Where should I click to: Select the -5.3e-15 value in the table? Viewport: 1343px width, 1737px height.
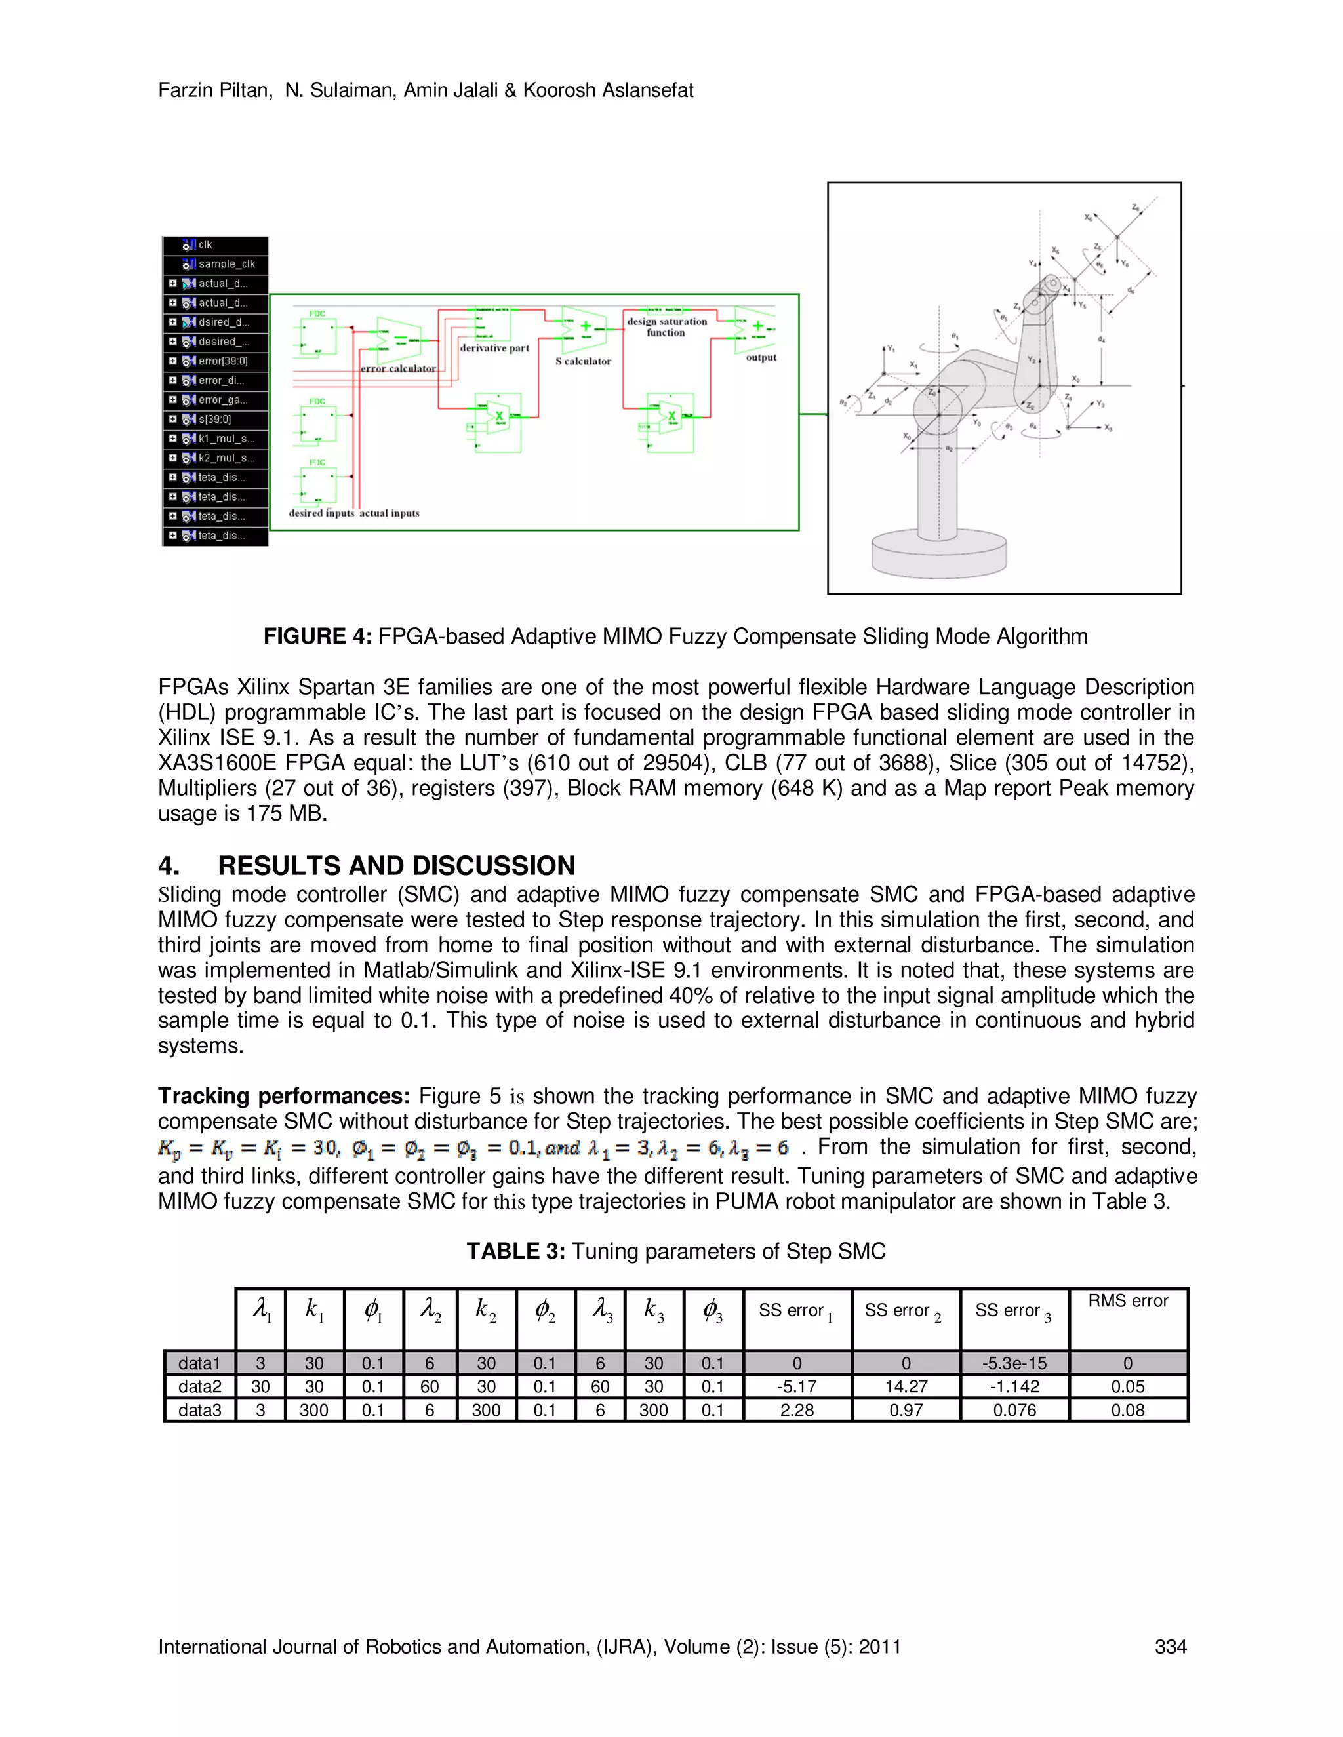tap(1014, 1363)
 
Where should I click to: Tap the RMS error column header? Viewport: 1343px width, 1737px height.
tap(1127, 1301)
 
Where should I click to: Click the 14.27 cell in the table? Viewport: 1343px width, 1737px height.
tap(906, 1386)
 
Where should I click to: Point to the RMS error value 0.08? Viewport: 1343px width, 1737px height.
tap(1127, 1410)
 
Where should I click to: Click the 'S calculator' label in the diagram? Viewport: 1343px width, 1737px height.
tap(583, 361)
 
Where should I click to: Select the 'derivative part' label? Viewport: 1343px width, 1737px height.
tap(494, 348)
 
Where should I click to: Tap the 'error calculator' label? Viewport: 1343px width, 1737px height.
tap(398, 369)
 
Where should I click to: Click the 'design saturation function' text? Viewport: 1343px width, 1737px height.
tap(667, 327)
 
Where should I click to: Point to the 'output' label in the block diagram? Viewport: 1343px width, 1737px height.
tap(761, 358)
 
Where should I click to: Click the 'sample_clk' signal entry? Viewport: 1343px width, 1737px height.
tap(226, 264)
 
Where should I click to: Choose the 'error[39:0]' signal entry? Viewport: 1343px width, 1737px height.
tap(223, 361)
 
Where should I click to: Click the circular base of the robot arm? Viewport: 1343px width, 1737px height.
tap(939, 553)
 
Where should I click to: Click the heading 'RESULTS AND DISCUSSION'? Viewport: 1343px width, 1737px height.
tap(396, 865)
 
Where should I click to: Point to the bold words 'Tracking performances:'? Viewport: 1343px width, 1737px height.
tap(283, 1096)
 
